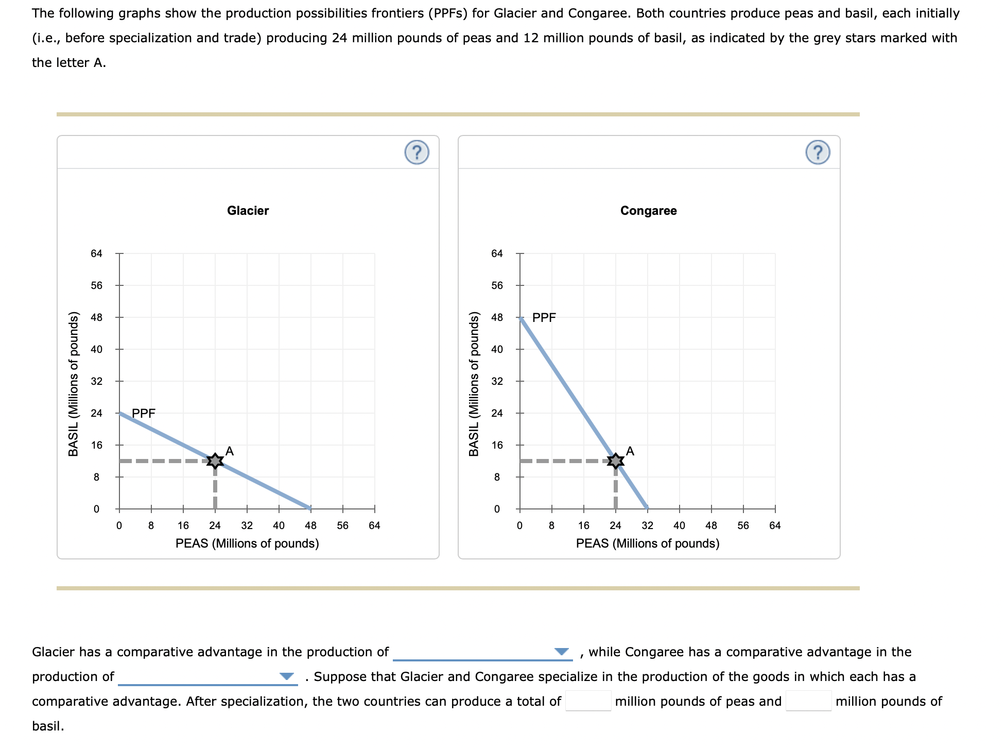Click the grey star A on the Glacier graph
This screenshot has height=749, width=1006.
coord(215,461)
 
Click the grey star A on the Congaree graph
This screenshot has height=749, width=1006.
coord(615,461)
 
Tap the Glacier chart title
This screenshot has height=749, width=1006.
coord(248,211)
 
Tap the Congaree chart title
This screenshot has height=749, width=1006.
coord(648,211)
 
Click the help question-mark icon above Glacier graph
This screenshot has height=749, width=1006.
coord(417,152)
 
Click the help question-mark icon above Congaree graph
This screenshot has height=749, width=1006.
coord(818,152)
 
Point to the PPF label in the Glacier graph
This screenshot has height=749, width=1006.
coord(144,413)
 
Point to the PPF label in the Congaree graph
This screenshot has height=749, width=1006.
coord(544,317)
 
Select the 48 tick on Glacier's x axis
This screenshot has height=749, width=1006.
coord(310,525)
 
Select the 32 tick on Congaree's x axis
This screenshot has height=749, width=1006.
coord(647,525)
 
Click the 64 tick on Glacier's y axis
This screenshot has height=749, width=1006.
coord(97,253)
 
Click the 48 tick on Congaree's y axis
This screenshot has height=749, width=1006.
coord(497,317)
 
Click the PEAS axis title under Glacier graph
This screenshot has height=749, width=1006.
coord(247,543)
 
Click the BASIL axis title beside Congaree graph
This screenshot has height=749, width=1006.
coord(474,384)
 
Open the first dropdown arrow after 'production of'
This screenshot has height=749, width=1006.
coord(561,652)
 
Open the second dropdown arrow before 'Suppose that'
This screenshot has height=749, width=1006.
coord(286,676)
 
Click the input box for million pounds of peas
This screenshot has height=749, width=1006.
coord(588,701)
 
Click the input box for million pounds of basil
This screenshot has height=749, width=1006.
coord(808,701)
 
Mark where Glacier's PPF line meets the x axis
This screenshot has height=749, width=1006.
coord(310,508)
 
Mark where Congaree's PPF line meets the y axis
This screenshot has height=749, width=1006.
coord(521,317)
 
